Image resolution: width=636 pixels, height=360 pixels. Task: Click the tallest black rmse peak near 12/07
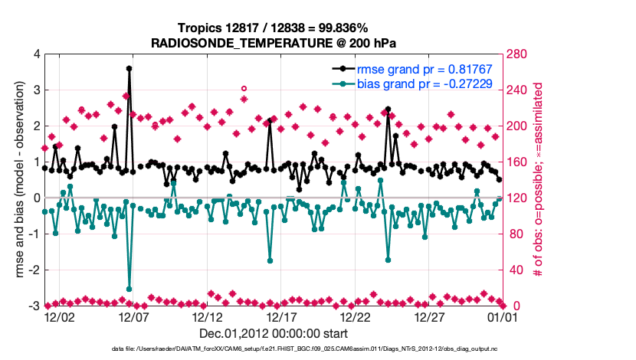pos(129,68)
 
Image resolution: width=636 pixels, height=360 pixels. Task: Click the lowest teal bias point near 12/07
pos(129,289)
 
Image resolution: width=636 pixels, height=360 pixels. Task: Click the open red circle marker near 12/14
pos(244,89)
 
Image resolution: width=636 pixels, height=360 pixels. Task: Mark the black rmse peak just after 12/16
pos(270,120)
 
